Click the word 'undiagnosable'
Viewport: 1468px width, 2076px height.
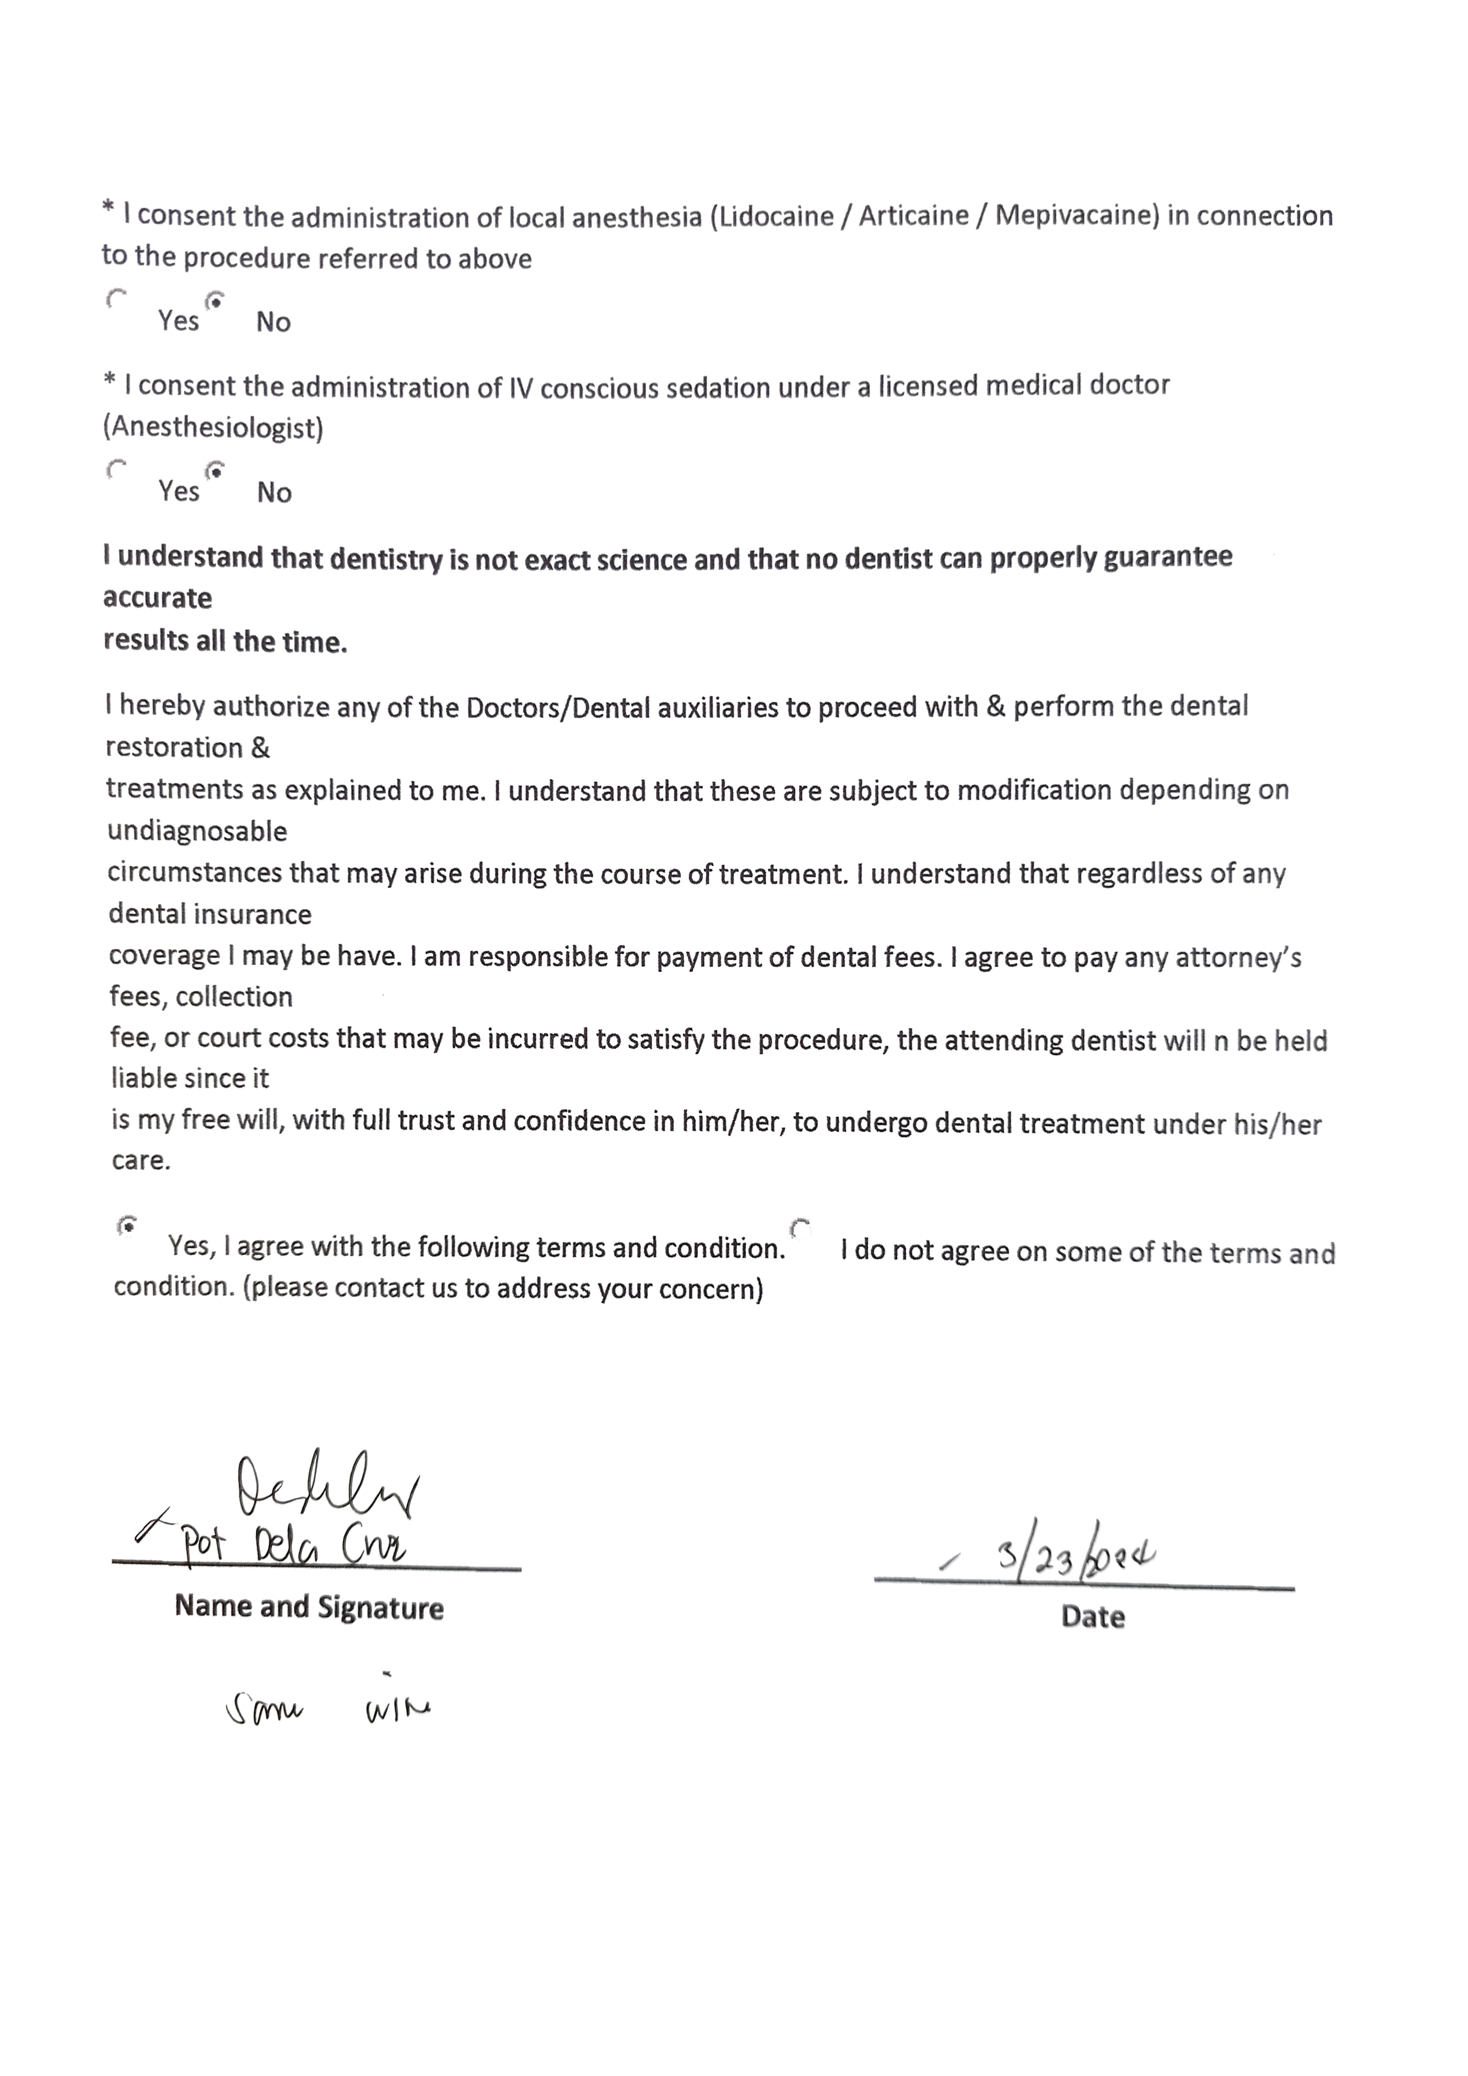click(197, 831)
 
